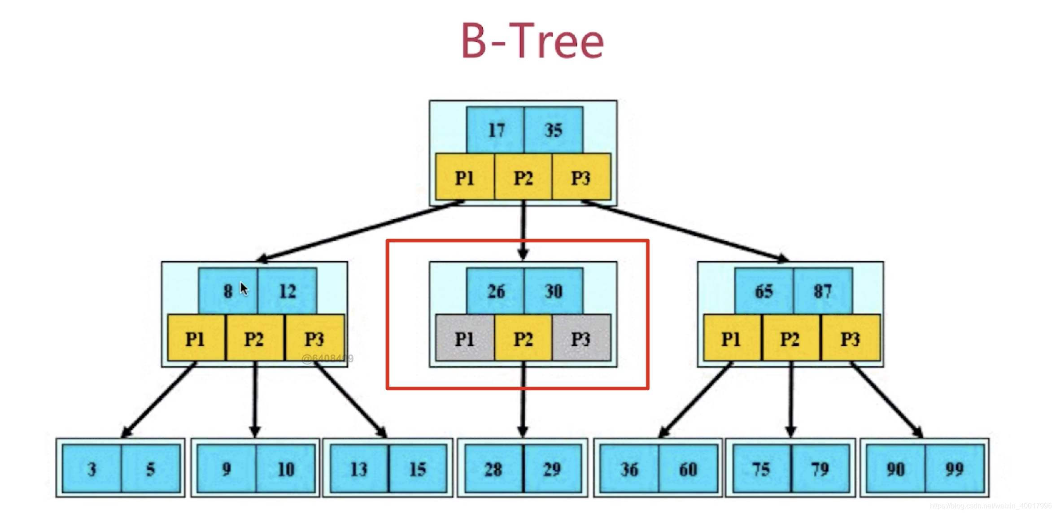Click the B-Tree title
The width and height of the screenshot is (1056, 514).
click(x=532, y=41)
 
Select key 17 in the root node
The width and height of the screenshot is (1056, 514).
click(x=496, y=130)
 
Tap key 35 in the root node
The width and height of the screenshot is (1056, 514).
click(x=554, y=130)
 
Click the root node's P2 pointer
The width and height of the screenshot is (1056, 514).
click(x=523, y=178)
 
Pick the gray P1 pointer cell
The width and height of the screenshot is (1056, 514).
click(x=465, y=339)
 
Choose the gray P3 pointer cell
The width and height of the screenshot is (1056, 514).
click(x=581, y=339)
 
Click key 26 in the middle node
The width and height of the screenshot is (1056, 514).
click(x=496, y=292)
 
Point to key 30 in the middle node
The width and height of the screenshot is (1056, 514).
click(x=554, y=292)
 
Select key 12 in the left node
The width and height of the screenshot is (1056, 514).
click(x=288, y=292)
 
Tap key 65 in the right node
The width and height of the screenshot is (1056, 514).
click(x=764, y=292)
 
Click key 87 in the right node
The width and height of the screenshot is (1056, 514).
click(x=823, y=292)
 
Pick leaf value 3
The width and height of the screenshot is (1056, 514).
click(x=92, y=469)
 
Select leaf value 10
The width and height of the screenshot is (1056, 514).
click(x=286, y=469)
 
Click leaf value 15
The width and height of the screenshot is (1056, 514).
click(x=418, y=469)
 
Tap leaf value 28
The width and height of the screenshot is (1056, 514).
click(x=493, y=469)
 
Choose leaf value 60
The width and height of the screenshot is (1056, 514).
click(x=688, y=469)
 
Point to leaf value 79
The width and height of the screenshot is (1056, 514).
click(x=820, y=469)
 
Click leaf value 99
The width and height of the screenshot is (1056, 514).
click(x=954, y=469)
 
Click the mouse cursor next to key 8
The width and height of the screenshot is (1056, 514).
click(x=244, y=288)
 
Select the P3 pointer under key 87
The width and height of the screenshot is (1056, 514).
click(x=850, y=339)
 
